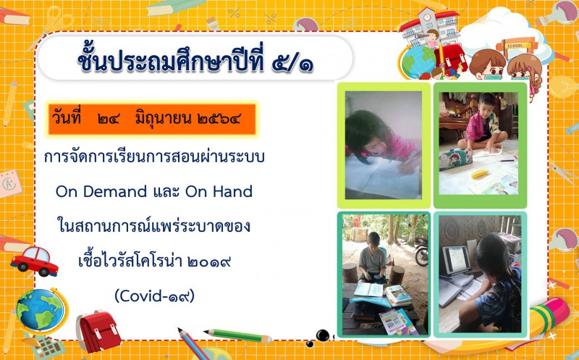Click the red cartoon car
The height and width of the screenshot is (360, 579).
(x=34, y=261)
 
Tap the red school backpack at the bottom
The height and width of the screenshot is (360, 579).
(x=98, y=330)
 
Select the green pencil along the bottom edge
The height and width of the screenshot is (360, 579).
(x=238, y=335)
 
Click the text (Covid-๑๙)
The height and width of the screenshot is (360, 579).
(x=154, y=296)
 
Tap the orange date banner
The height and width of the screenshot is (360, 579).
(x=151, y=120)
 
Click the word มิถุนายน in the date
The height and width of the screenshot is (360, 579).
(x=163, y=119)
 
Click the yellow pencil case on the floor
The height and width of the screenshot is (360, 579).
(x=479, y=174)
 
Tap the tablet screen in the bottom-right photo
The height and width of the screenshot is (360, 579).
(x=457, y=259)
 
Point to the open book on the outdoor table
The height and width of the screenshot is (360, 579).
(x=368, y=290)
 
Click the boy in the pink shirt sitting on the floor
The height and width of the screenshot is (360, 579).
(x=480, y=122)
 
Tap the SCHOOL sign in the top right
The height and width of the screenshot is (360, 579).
(x=515, y=46)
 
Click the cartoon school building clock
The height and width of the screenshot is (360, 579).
(x=427, y=17)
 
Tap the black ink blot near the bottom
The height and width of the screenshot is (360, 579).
(x=322, y=335)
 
